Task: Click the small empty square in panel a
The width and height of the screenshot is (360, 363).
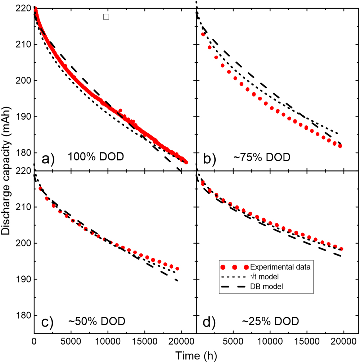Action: click(106, 17)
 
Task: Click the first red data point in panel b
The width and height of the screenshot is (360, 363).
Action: click(203, 34)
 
